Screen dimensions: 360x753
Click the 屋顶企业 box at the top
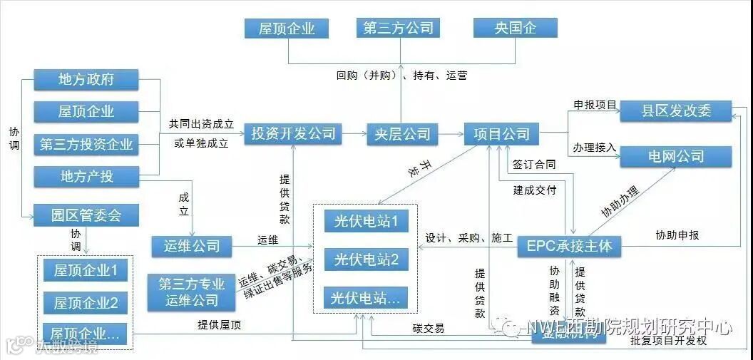287,29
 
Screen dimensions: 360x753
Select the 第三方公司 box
399,29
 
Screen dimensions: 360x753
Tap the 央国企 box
515,29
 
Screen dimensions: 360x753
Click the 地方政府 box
86,79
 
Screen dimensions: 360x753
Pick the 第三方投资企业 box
86,145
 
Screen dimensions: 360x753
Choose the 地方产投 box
86,176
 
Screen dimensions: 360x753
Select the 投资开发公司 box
293,133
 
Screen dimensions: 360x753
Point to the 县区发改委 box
675,111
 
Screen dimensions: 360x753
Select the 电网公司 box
675,156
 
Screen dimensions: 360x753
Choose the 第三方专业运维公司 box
192,292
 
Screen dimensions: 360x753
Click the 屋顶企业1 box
86,271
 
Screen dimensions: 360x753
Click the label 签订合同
534,165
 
